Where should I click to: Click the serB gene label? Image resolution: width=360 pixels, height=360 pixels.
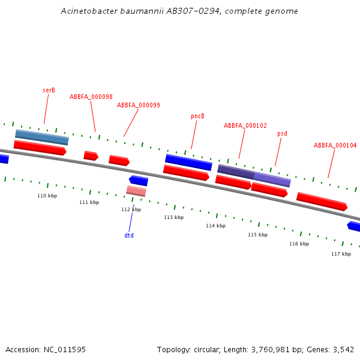[x=49, y=90]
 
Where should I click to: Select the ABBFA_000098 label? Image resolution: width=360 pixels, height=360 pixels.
[x=91, y=97]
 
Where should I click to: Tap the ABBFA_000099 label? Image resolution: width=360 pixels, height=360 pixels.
[x=139, y=105]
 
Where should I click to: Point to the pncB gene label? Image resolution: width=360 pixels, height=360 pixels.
[x=198, y=116]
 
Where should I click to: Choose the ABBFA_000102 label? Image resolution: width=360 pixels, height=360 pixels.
[x=245, y=126]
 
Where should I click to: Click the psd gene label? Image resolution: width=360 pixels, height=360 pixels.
[x=282, y=133]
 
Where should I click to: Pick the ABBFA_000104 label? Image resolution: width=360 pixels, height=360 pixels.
[x=335, y=145]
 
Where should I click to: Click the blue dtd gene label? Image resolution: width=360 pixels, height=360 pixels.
[x=129, y=235]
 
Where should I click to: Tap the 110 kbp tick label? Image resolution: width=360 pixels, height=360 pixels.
[x=47, y=196]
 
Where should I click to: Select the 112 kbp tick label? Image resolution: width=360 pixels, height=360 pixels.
[x=131, y=209]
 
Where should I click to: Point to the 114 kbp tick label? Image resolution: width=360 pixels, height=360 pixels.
[x=216, y=226]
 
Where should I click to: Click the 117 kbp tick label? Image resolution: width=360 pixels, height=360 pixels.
[x=341, y=254]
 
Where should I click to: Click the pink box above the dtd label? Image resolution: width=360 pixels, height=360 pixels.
[x=136, y=191]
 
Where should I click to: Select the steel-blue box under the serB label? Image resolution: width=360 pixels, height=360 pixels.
[x=42, y=137]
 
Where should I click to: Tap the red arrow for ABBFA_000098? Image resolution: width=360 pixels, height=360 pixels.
[x=91, y=155]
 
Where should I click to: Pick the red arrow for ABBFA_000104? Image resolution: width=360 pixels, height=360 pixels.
[x=322, y=201]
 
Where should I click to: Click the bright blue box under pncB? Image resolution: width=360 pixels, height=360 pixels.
[x=189, y=162]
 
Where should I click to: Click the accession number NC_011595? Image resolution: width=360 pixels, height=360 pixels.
[x=65, y=349]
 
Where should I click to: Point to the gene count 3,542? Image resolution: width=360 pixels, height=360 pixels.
[x=343, y=349]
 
